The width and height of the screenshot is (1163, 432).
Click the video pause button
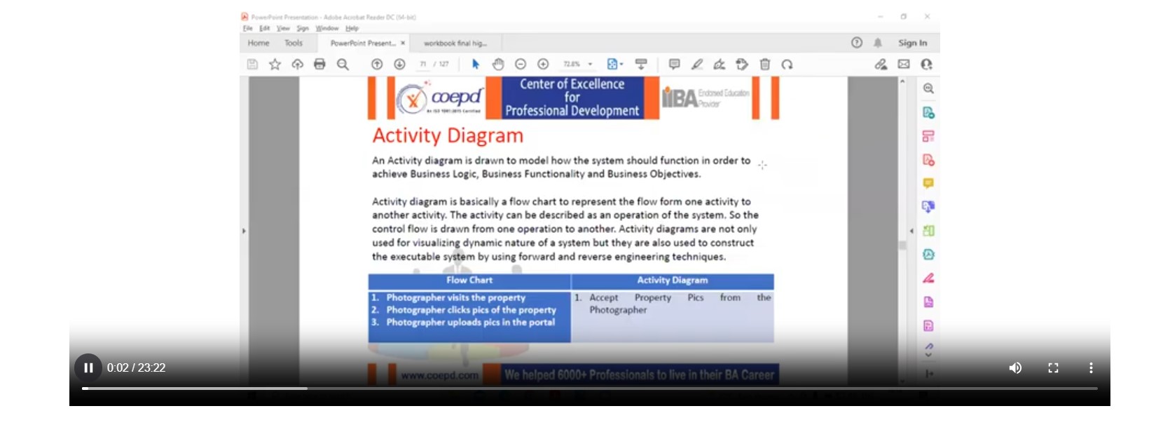pyautogui.click(x=88, y=367)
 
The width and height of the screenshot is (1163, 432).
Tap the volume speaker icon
pyautogui.click(x=1015, y=367)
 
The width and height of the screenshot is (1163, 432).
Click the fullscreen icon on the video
pyautogui.click(x=1053, y=367)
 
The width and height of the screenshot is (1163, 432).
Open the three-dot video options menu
pyautogui.click(x=1091, y=367)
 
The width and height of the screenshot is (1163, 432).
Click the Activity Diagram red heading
pyautogui.click(x=448, y=135)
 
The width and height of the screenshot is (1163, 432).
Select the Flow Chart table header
pyautogui.click(x=469, y=281)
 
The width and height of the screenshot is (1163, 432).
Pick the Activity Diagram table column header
pyautogui.click(x=672, y=281)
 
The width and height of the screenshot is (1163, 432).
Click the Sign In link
pyautogui.click(x=912, y=43)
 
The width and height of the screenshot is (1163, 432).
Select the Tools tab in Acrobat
pyautogui.click(x=294, y=43)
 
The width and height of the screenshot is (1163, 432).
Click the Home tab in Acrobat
pyautogui.click(x=259, y=43)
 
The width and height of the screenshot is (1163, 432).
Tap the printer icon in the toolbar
pyautogui.click(x=319, y=65)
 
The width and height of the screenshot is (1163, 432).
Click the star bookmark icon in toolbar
pyautogui.click(x=275, y=65)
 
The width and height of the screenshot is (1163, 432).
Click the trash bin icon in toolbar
pyautogui.click(x=765, y=65)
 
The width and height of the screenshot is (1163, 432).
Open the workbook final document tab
pyautogui.click(x=455, y=43)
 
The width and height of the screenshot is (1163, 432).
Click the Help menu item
pyautogui.click(x=352, y=29)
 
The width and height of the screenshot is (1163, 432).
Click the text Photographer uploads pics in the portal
pyautogui.click(x=470, y=323)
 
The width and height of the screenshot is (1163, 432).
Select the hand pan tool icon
pyautogui.click(x=498, y=65)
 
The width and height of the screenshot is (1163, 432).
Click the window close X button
pyautogui.click(x=927, y=16)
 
